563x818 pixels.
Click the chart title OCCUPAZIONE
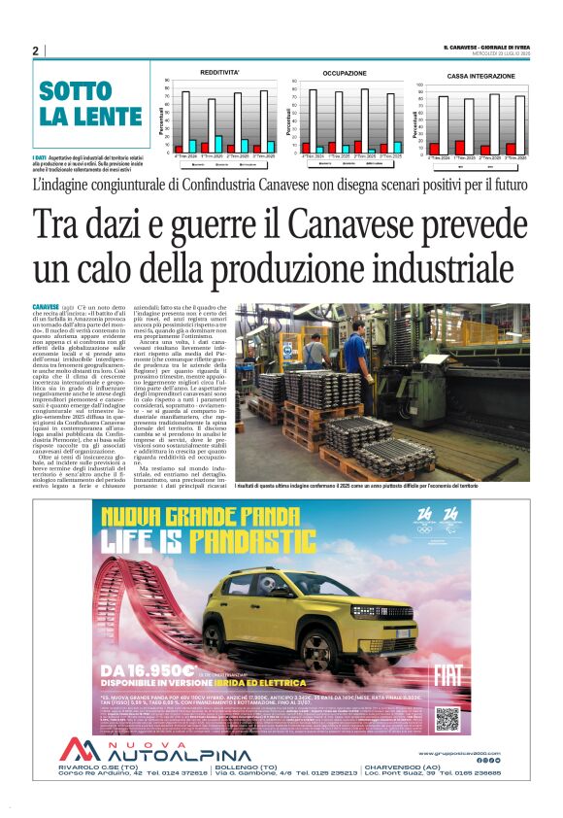tap(345, 73)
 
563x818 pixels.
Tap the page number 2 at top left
tap(35, 51)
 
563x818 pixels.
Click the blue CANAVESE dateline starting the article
tap(46, 307)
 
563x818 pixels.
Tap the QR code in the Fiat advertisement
tap(447, 719)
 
